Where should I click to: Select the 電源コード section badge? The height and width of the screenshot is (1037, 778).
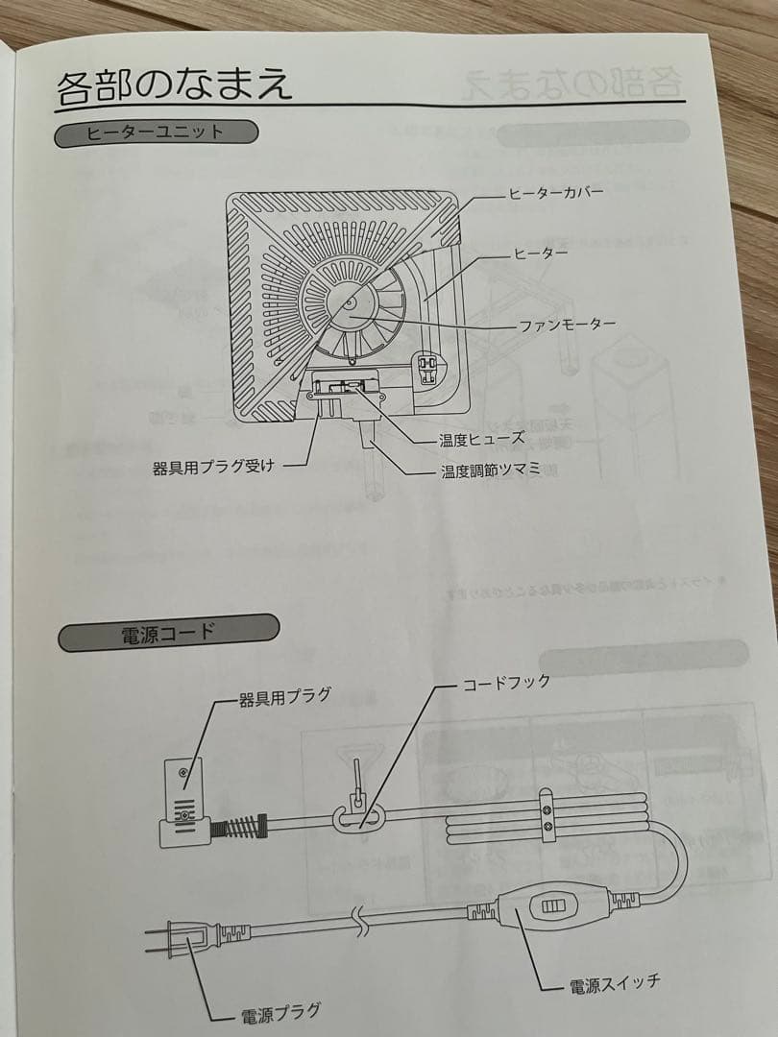point(168,634)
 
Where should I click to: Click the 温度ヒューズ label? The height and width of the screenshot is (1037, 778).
point(481,439)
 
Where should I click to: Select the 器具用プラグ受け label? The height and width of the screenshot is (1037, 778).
point(214,468)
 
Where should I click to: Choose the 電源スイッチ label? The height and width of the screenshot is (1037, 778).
point(614,983)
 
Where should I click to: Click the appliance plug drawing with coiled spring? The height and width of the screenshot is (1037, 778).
point(192,807)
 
